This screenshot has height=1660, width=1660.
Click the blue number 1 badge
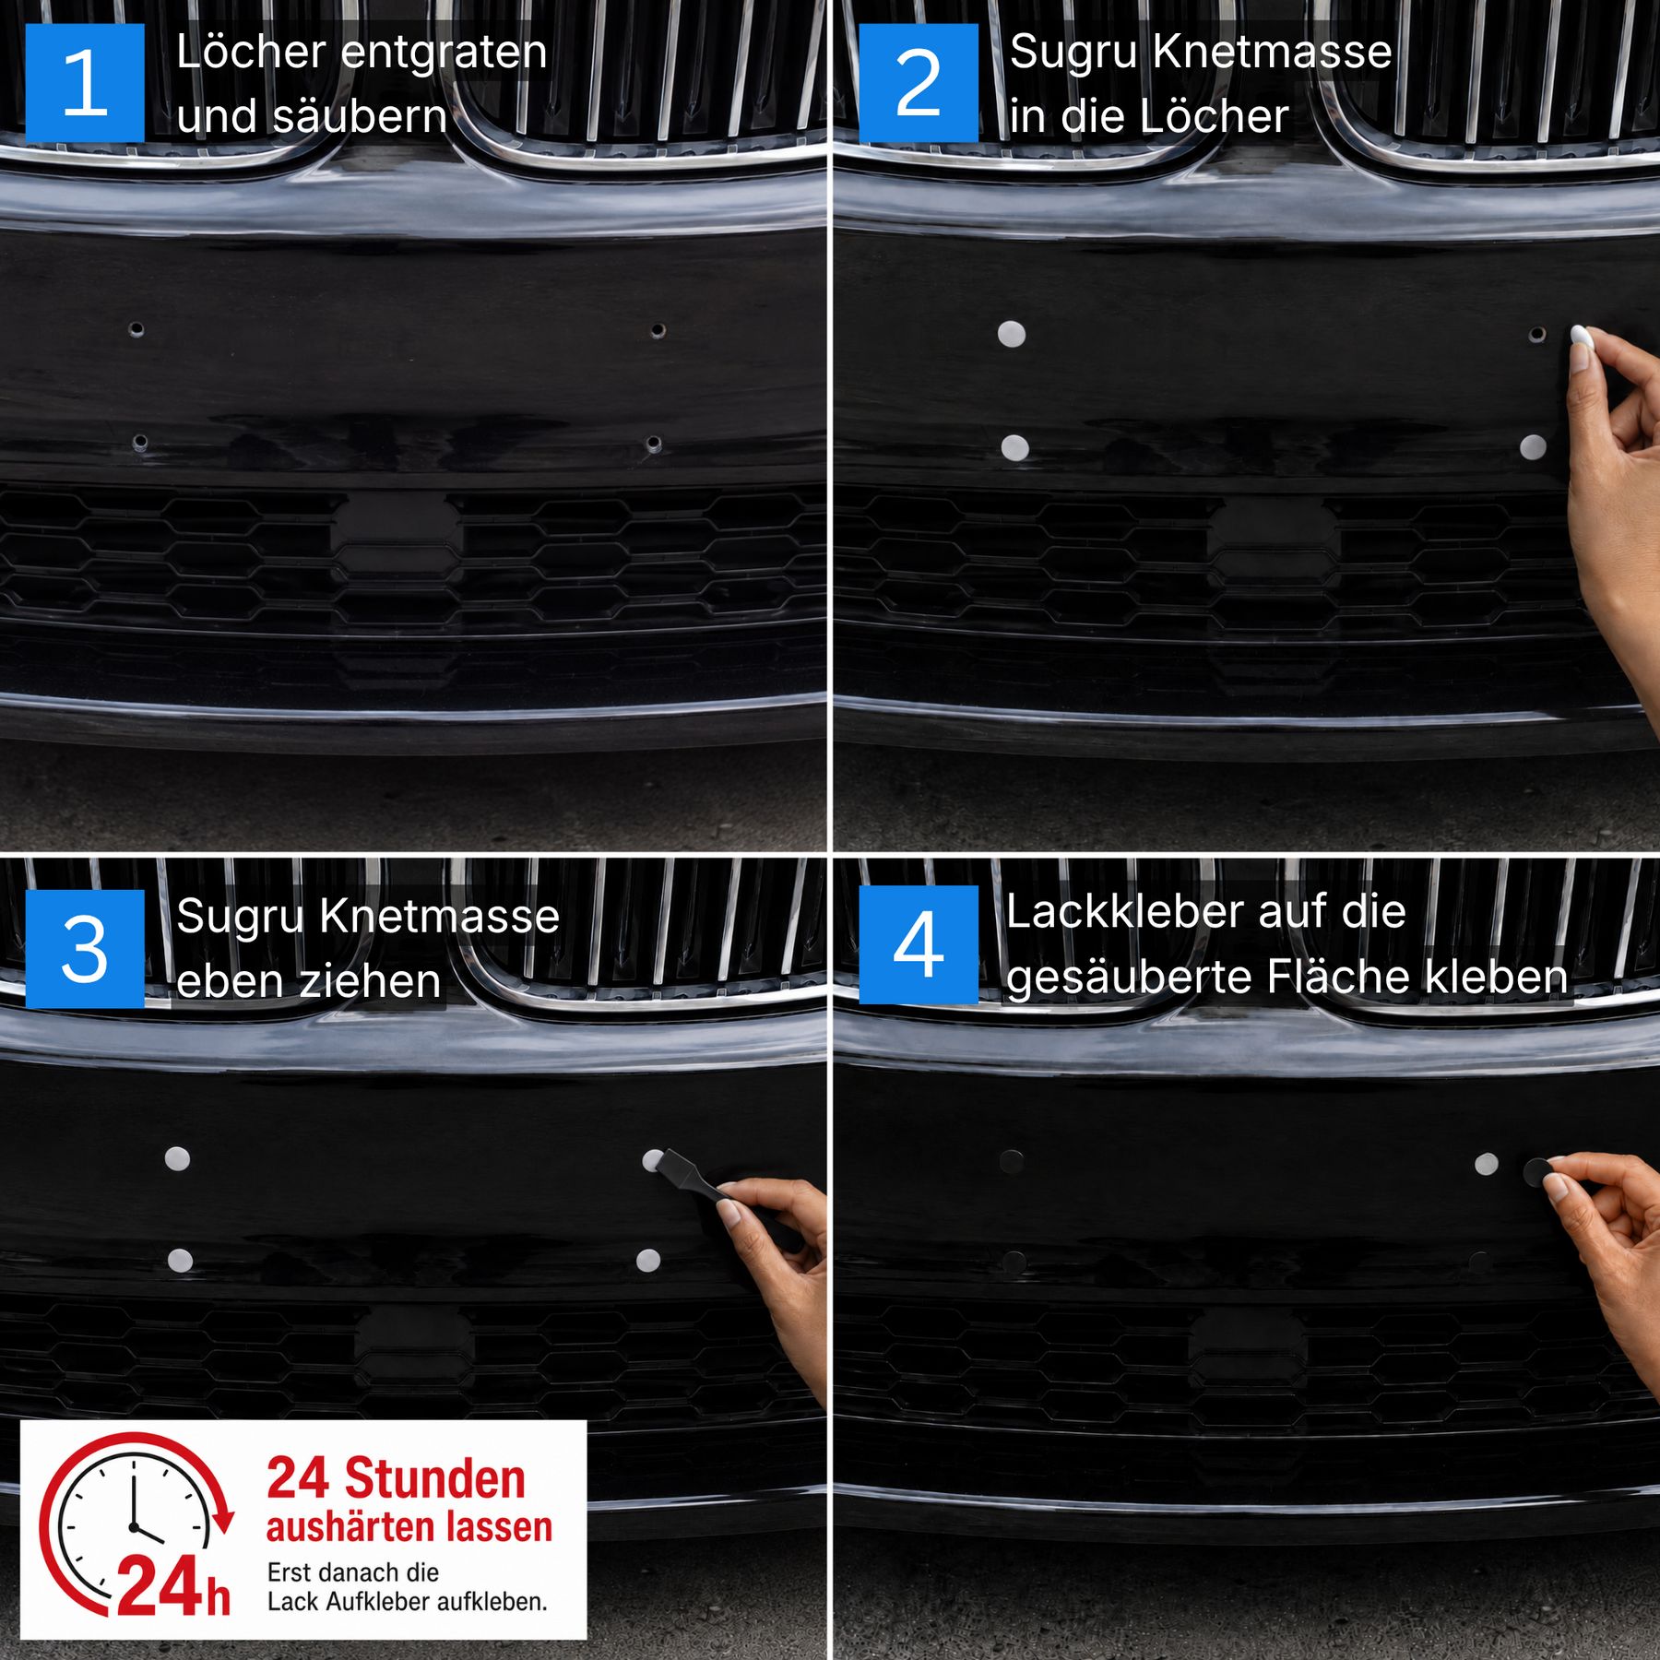[85, 83]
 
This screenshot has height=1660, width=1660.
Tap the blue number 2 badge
[919, 83]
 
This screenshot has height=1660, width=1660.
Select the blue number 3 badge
[85, 949]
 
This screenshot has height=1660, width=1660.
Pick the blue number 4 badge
[919, 945]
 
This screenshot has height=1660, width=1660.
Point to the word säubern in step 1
[360, 117]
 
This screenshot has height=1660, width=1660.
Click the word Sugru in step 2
[1073, 53]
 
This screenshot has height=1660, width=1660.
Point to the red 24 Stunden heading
[396, 1479]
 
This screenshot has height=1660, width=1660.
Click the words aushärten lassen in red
[409, 1527]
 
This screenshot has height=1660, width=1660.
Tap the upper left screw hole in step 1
[136, 329]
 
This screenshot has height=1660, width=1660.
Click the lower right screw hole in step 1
[653, 445]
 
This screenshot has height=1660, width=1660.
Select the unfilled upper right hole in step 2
[1536, 334]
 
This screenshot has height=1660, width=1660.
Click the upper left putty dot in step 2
[1012, 334]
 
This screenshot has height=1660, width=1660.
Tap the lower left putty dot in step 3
[180, 1260]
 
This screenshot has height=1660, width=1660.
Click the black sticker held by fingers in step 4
[1538, 1172]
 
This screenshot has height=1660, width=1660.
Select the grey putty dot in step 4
[1487, 1164]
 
